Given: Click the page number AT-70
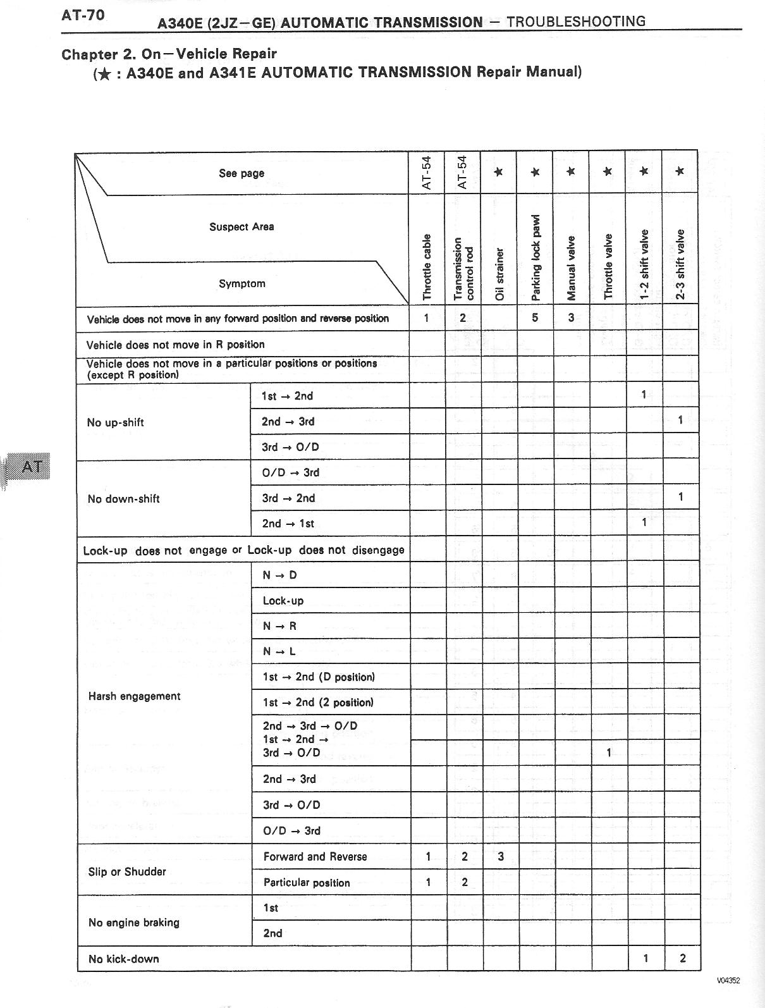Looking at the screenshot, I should pyautogui.click(x=83, y=15).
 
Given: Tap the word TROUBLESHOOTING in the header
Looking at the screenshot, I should pyautogui.click(x=576, y=22).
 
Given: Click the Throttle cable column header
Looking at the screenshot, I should pyautogui.click(x=427, y=266).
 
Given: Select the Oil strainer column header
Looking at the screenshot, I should pyautogui.click(x=499, y=274).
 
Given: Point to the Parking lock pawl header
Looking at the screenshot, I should pyautogui.click(x=535, y=257).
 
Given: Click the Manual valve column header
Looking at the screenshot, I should pyautogui.click(x=572, y=267).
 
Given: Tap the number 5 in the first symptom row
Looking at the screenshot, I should pyautogui.click(x=535, y=317).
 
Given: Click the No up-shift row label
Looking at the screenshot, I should pyautogui.click(x=115, y=422).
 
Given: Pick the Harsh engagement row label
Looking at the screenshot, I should pyautogui.click(x=134, y=696).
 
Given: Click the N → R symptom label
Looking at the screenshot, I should pyautogui.click(x=279, y=626).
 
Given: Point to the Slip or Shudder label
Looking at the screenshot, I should pyautogui.click(x=127, y=871).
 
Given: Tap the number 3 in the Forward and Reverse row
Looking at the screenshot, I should pyautogui.click(x=500, y=857).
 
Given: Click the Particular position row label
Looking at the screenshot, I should pyautogui.click(x=307, y=883).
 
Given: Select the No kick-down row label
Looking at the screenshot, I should pyautogui.click(x=123, y=959).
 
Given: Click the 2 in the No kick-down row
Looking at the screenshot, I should pyautogui.click(x=682, y=958).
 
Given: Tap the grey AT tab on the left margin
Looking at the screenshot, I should pyautogui.click(x=32, y=467).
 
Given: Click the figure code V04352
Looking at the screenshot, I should pyautogui.click(x=728, y=981).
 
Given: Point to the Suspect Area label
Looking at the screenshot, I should pyautogui.click(x=242, y=227).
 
